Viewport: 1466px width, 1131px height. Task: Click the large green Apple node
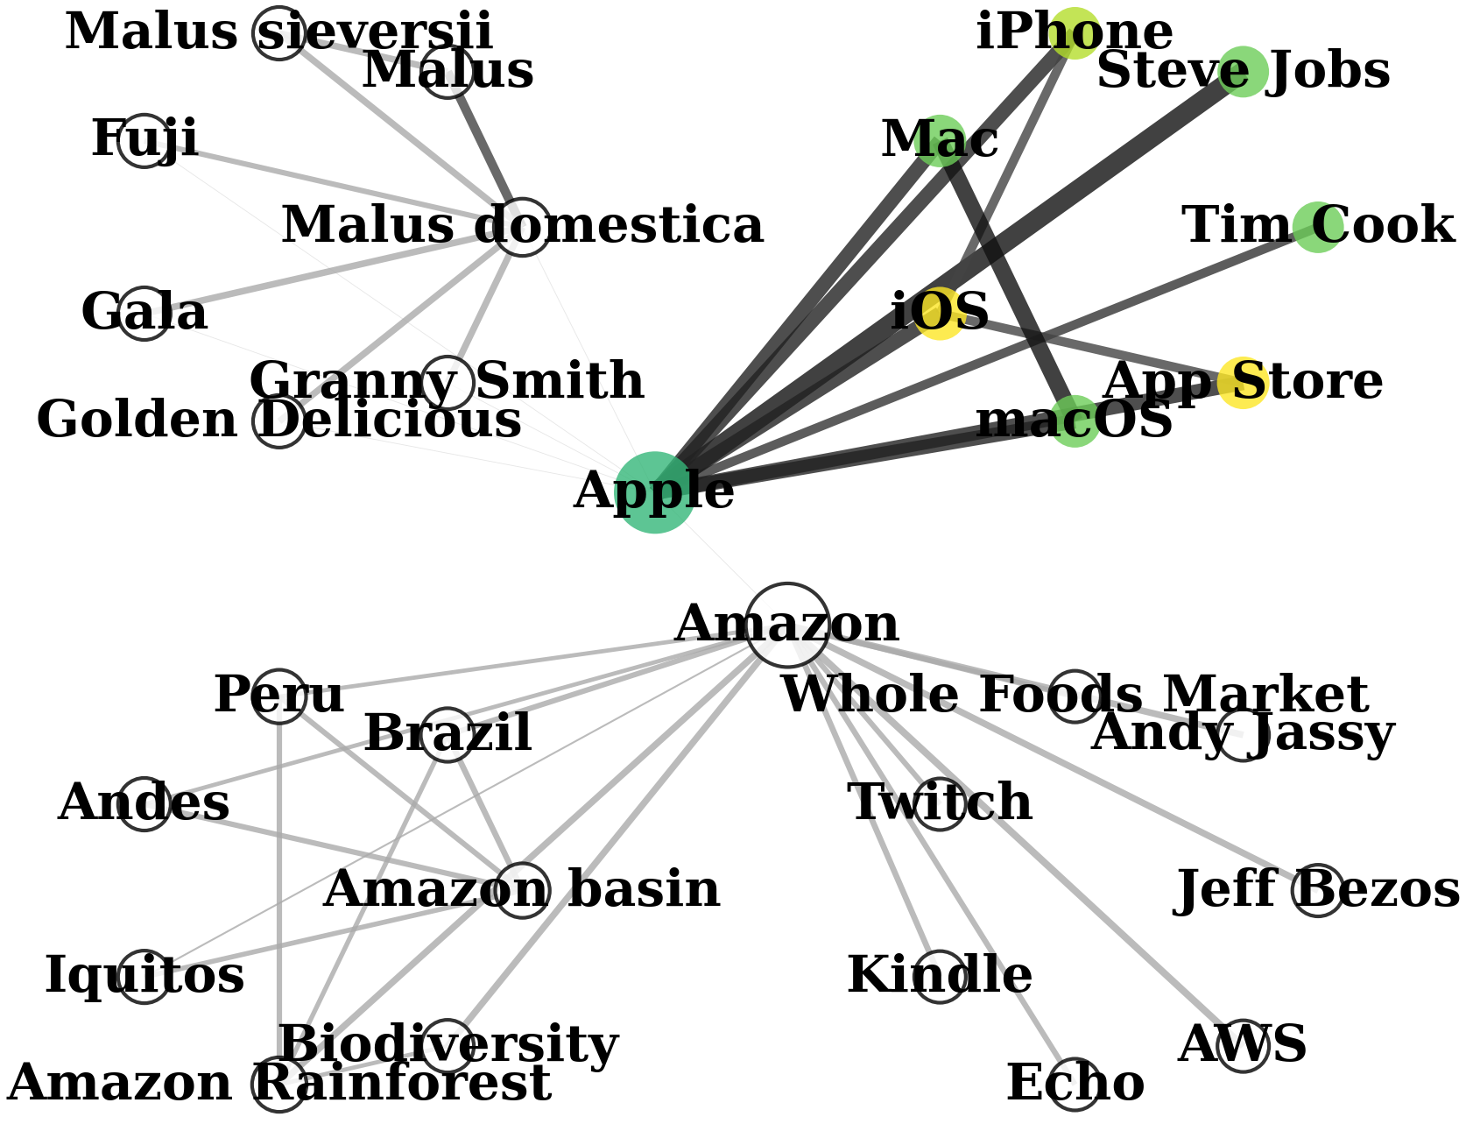tap(654, 492)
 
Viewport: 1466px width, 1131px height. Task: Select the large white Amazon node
tap(787, 624)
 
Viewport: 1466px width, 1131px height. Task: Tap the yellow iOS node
tap(940, 313)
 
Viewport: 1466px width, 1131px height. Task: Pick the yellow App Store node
tap(1243, 383)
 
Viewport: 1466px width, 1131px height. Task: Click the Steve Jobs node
tap(1243, 71)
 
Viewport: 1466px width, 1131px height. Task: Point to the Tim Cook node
tap(1317, 227)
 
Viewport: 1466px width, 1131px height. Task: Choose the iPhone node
tap(1075, 32)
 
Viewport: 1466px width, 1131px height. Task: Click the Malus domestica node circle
tap(522, 227)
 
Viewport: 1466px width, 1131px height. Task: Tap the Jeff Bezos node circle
tap(1317, 890)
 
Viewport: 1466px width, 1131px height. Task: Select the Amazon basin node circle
tap(522, 890)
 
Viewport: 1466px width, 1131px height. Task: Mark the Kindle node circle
tap(940, 977)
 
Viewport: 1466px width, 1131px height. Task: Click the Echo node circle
tap(1075, 1085)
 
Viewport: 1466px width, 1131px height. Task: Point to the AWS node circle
tap(1243, 1045)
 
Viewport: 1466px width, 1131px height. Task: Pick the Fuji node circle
tap(144, 140)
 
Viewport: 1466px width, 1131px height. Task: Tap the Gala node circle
tap(144, 313)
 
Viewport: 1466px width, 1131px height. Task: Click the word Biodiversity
tap(448, 1045)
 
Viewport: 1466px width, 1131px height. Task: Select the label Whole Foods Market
tap(1074, 696)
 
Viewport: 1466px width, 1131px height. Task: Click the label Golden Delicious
tap(278, 421)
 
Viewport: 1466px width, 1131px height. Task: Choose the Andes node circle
tap(144, 803)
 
